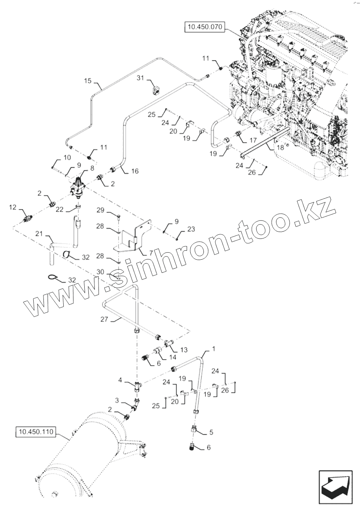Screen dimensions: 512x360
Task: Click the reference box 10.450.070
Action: coord(204,27)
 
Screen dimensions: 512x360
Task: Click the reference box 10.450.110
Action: coord(36,433)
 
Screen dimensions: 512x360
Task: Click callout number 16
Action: coord(135,171)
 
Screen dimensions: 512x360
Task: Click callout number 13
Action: coord(184,350)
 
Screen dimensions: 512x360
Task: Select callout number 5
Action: coord(211,432)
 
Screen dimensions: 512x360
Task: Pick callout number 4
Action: coord(120,380)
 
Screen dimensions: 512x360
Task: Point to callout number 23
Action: coord(191,229)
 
